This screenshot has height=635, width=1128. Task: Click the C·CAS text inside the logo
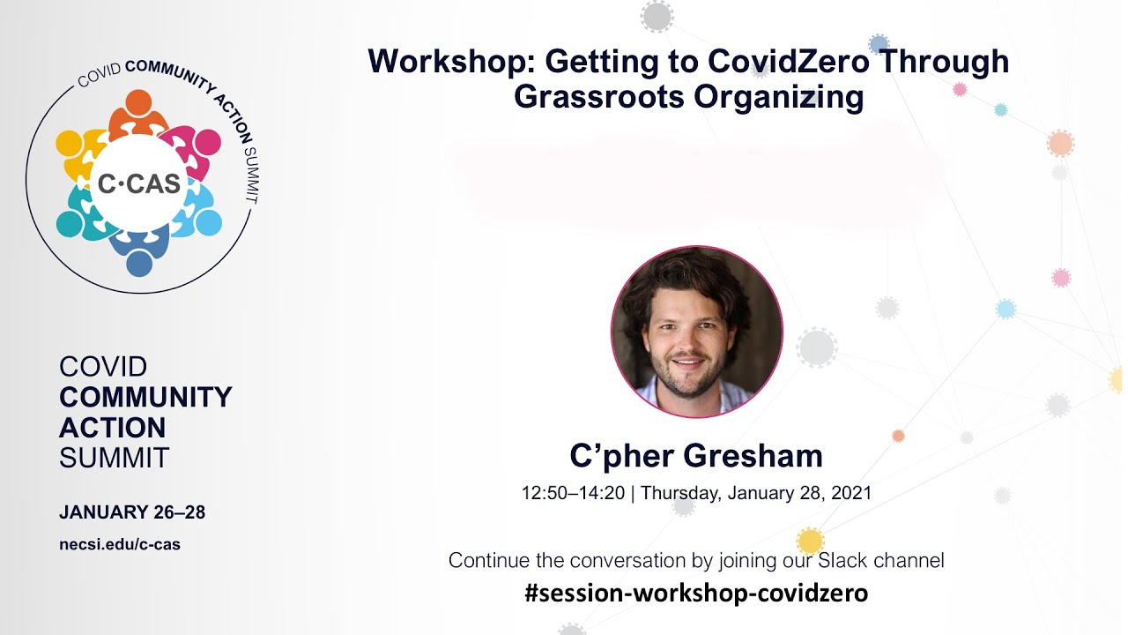click(139, 183)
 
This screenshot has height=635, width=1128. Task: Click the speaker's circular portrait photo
click(696, 332)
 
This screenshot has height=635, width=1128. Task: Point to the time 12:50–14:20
click(573, 493)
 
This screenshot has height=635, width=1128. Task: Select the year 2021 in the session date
click(850, 493)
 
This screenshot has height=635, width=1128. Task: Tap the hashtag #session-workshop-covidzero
click(695, 594)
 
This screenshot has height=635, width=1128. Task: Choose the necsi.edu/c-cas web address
click(119, 544)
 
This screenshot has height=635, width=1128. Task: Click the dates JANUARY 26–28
click(132, 512)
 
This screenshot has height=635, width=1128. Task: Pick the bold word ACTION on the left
click(112, 428)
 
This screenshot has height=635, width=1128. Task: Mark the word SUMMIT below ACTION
click(114, 458)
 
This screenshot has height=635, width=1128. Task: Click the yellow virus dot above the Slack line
click(810, 541)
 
